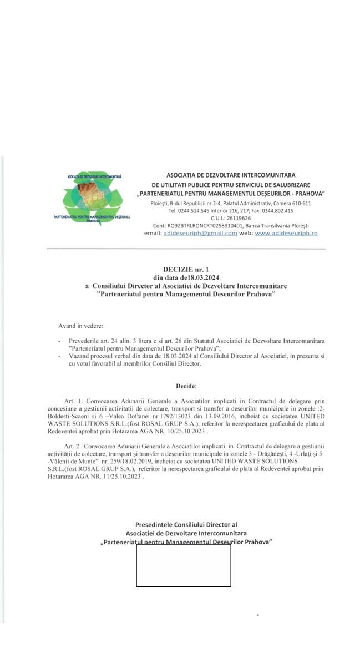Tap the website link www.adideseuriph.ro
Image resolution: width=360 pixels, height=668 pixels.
(x=286, y=234)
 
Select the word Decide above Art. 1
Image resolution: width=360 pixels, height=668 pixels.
(x=186, y=385)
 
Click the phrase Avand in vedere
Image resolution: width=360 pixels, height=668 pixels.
(x=80, y=326)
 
